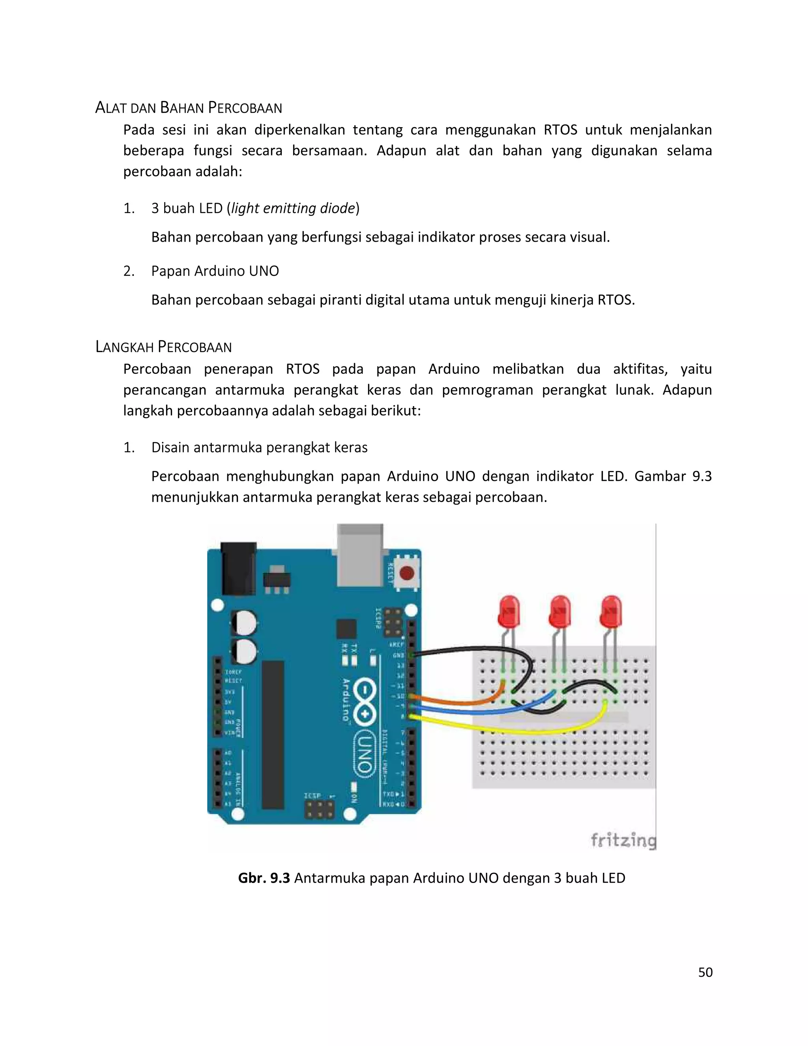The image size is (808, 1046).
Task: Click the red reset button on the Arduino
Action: [x=407, y=573]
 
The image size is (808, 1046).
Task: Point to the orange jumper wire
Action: [x=460, y=702]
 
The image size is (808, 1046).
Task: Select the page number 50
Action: [x=705, y=972]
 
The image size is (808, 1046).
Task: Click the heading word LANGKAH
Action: [x=125, y=347]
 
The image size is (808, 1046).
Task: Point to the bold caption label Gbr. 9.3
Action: [x=264, y=878]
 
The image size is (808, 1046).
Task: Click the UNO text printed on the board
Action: [x=364, y=752]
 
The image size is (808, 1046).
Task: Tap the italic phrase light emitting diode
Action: [x=294, y=208]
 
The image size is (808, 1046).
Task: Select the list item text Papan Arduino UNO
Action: [x=215, y=271]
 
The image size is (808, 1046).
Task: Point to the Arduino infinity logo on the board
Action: [x=365, y=702]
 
